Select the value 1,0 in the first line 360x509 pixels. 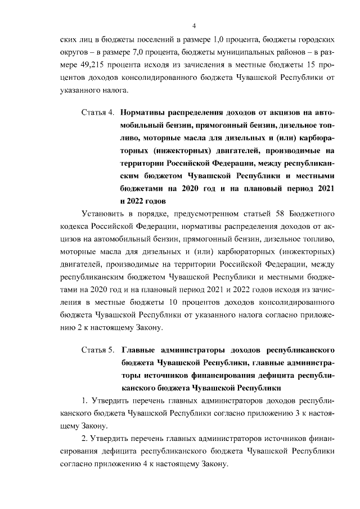[221, 41]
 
